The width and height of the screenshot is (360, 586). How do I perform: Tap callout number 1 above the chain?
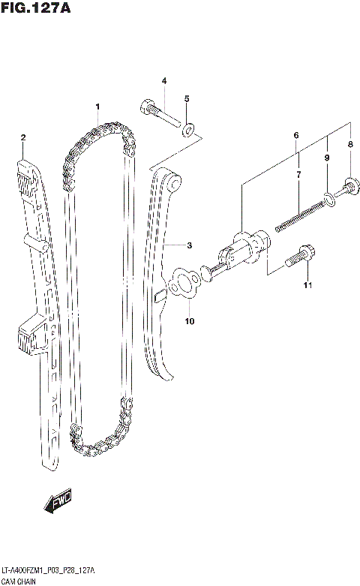[97, 107]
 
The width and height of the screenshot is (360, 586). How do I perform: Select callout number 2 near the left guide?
[23, 137]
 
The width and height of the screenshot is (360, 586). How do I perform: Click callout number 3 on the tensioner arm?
[164, 81]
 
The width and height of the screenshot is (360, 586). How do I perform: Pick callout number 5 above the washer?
[296, 135]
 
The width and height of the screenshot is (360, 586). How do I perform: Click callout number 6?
[298, 175]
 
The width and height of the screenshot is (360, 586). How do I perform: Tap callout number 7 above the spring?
[349, 144]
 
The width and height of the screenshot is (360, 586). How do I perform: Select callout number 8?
[327, 158]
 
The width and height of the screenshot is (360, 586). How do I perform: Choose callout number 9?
[190, 322]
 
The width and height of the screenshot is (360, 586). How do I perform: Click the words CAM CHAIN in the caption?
[24, 581]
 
